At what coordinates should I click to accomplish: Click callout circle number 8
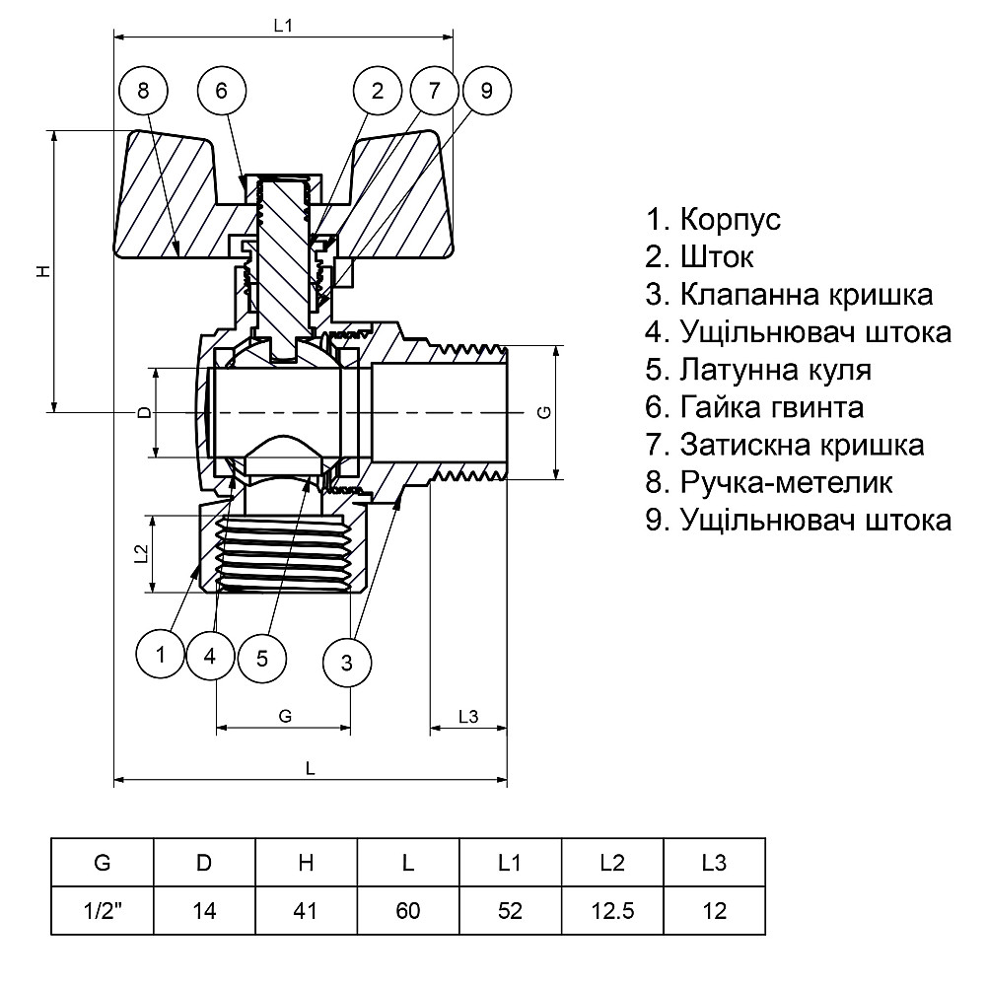pyautogui.click(x=143, y=92)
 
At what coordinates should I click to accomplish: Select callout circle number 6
pyautogui.click(x=221, y=92)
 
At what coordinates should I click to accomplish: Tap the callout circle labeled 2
pyautogui.click(x=378, y=92)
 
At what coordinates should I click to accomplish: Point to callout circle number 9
pyautogui.click(x=486, y=92)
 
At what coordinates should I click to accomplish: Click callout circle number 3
pyautogui.click(x=347, y=662)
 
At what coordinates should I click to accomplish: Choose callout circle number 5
pyautogui.click(x=261, y=658)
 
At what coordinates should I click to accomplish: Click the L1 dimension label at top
pyautogui.click(x=283, y=27)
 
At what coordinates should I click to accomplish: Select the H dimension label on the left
pyautogui.click(x=43, y=270)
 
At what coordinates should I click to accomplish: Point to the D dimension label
pyautogui.click(x=144, y=412)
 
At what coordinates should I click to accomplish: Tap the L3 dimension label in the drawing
pyautogui.click(x=467, y=717)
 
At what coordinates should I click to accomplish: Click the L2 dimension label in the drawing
pyautogui.click(x=140, y=553)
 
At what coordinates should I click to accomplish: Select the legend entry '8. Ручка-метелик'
pyautogui.click(x=769, y=483)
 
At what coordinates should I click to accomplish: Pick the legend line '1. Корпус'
pyautogui.click(x=713, y=219)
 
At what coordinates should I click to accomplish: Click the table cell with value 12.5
pyautogui.click(x=612, y=910)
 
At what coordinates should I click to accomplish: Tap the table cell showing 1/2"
pyautogui.click(x=102, y=910)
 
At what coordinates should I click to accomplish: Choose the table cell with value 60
pyautogui.click(x=408, y=910)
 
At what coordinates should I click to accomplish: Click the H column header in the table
pyautogui.click(x=306, y=863)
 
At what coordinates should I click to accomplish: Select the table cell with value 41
pyautogui.click(x=306, y=910)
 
